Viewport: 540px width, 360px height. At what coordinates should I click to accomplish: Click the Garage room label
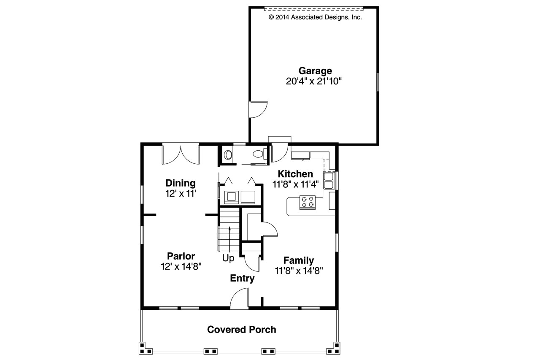coord(315,71)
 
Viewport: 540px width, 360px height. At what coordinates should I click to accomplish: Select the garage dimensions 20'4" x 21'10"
coord(313,81)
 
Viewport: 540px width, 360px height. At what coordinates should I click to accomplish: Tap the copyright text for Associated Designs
coord(315,17)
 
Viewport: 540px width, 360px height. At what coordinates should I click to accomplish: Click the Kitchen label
coord(295,174)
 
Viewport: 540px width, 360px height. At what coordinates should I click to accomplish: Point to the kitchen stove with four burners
coord(308,202)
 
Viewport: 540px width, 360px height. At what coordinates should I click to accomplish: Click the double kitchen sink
coord(329,180)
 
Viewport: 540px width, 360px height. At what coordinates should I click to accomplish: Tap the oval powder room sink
coord(228,155)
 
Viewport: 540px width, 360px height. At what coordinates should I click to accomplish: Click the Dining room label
coord(180,183)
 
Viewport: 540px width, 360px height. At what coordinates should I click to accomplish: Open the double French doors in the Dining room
coord(181,154)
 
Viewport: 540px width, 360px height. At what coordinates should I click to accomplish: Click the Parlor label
coord(181,256)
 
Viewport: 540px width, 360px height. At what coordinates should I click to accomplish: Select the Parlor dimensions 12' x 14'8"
coord(181,266)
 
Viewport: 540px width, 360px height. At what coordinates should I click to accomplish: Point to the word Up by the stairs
coord(228,258)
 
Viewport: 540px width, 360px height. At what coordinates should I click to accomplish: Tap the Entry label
coord(242,279)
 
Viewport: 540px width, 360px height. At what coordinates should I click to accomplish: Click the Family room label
coord(298,260)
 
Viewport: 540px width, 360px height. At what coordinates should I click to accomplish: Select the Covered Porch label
coord(242,329)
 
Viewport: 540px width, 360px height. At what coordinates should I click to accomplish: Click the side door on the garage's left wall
coord(258,109)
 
